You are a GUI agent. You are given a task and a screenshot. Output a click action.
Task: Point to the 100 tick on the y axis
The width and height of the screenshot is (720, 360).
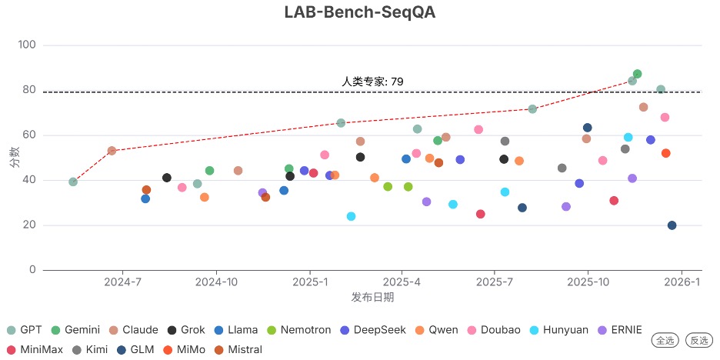click(26, 45)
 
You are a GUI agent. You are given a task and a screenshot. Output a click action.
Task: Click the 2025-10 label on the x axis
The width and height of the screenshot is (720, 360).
click(588, 282)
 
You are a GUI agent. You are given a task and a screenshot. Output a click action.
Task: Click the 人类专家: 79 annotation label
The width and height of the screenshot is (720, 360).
click(372, 82)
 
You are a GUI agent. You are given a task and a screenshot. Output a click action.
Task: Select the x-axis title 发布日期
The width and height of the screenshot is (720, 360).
click(372, 297)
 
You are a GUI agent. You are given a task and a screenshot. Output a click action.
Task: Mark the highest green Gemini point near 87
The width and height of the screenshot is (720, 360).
click(637, 75)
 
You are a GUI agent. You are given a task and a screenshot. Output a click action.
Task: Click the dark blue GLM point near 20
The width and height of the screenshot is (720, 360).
click(672, 225)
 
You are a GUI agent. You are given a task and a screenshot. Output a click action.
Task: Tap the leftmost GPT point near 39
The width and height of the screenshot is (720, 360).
click(73, 182)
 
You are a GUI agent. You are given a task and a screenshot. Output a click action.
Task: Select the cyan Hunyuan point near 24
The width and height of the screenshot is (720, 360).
click(351, 216)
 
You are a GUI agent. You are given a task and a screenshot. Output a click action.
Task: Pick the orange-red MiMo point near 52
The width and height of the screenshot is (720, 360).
click(665, 153)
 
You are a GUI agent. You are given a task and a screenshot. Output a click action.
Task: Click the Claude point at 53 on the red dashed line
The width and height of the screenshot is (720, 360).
click(112, 151)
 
